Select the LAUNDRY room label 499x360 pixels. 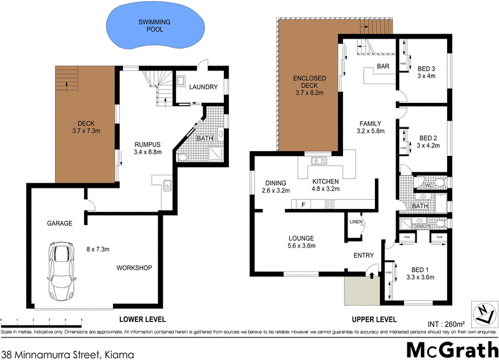point(203,87)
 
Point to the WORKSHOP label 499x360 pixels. point(134,268)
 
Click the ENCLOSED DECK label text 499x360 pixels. point(309,84)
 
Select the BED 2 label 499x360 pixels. point(429,141)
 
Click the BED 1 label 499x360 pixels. point(419,273)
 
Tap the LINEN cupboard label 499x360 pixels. point(356,221)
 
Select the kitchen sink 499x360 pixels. point(319,161)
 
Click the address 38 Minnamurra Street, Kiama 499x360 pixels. point(67,353)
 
